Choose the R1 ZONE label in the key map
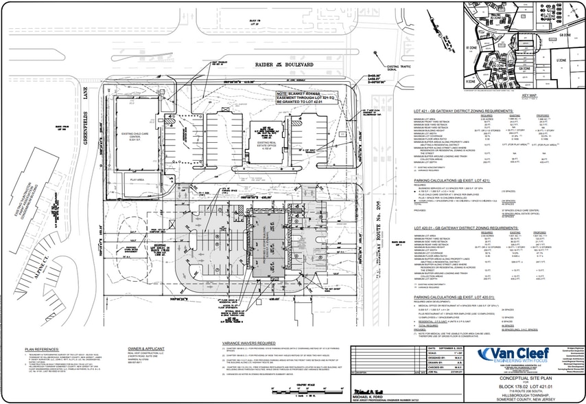471,49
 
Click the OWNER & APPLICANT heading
142,349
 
